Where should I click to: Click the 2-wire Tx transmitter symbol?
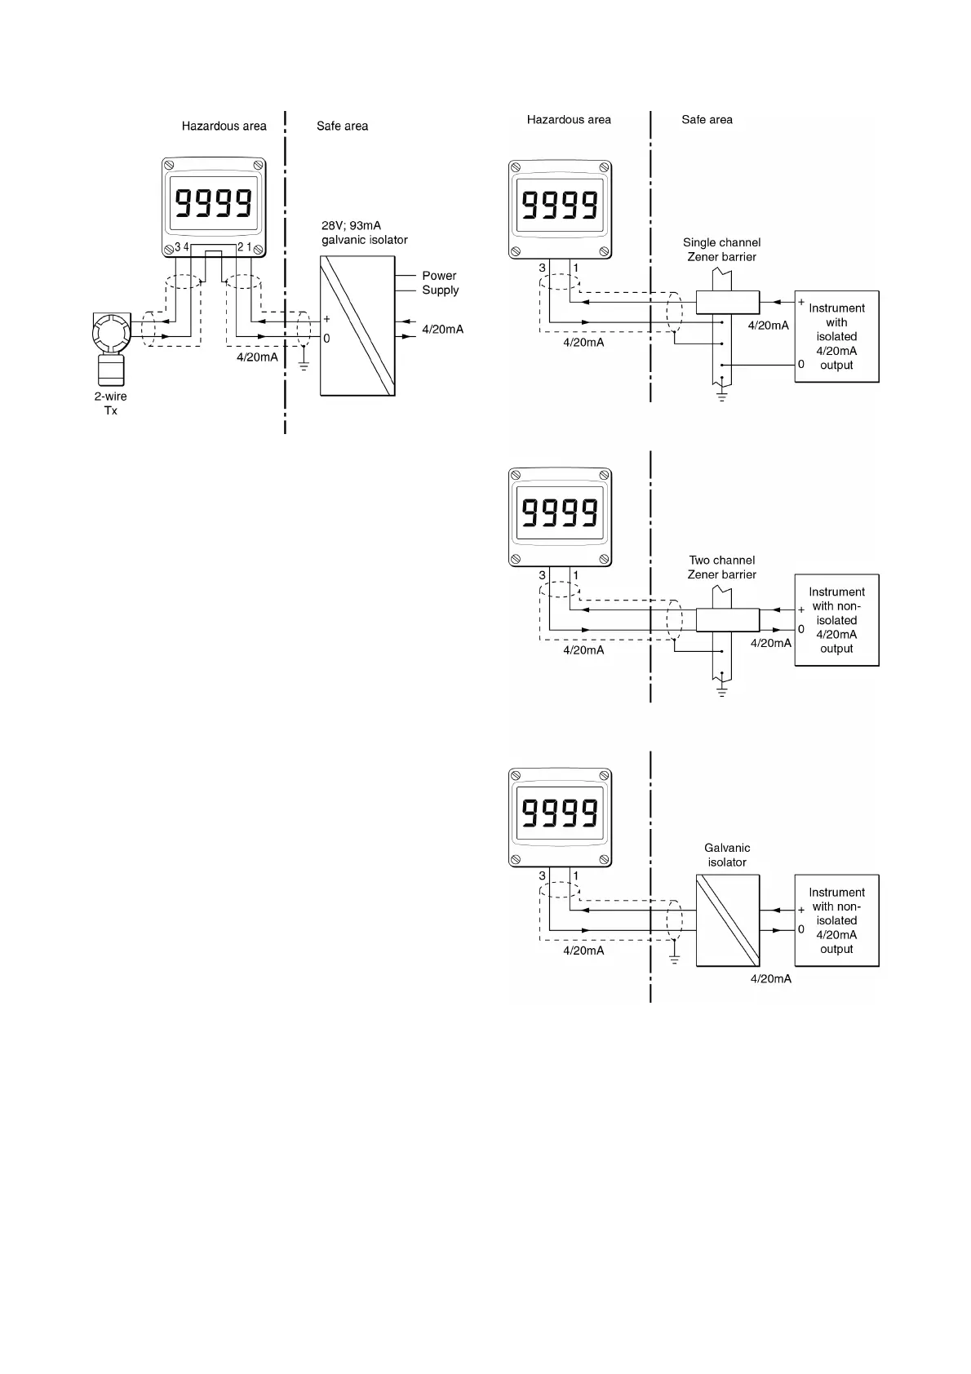coord(110,347)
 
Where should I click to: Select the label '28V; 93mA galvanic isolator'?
coord(364,233)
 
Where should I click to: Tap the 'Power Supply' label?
coord(440,283)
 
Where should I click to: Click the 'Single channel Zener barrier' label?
coord(721,250)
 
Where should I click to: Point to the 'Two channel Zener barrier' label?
coord(721,567)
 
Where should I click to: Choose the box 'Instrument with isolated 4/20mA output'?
coord(836,336)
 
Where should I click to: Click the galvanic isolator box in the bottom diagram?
coord(727,920)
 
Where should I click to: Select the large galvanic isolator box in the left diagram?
coord(357,326)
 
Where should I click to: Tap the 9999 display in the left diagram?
coord(214,202)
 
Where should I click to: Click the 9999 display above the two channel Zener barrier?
coord(560,513)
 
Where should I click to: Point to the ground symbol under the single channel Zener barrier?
coord(721,397)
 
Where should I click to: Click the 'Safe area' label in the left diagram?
coord(342,126)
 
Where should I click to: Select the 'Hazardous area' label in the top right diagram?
coord(569,120)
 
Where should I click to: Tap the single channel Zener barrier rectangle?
coord(727,302)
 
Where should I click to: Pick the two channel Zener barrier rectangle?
coord(727,619)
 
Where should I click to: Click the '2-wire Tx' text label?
coord(110,403)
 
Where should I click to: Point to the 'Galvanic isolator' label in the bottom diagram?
coord(727,855)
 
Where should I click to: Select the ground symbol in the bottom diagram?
coord(674,960)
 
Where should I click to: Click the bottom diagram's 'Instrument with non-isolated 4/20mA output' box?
coord(836,920)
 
